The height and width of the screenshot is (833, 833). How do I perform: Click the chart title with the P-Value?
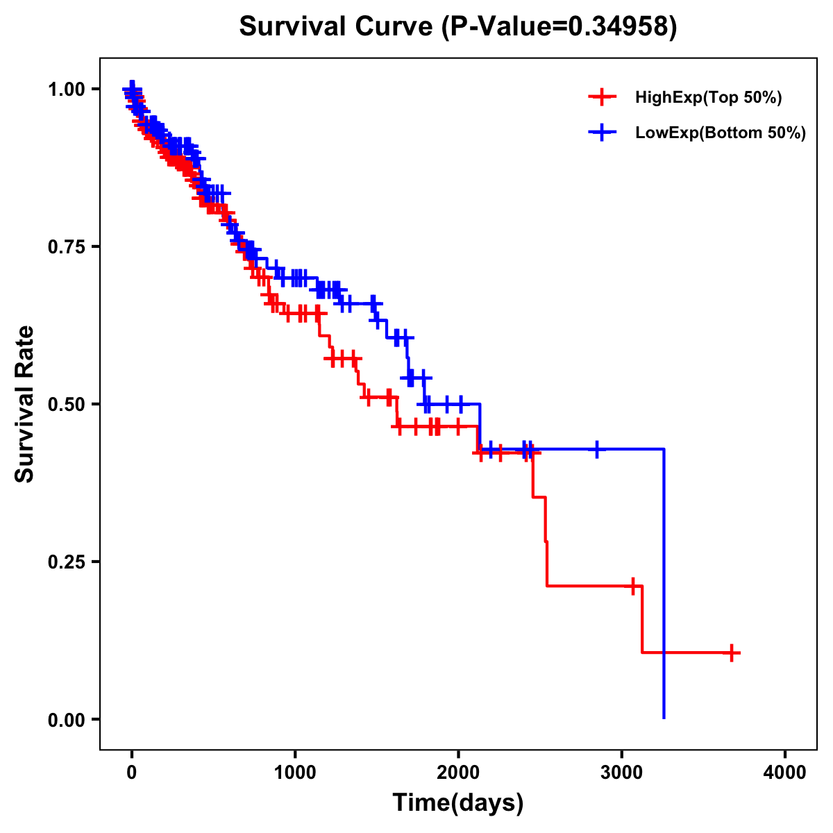(x=458, y=26)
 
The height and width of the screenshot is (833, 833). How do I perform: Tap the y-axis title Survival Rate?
(x=25, y=403)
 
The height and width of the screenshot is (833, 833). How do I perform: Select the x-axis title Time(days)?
(x=458, y=803)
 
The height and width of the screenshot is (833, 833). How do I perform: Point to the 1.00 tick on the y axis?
(x=66, y=89)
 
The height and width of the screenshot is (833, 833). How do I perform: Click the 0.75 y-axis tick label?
(x=66, y=246)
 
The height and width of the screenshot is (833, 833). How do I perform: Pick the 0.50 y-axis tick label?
(x=66, y=404)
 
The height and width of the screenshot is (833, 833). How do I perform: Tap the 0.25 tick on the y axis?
(x=66, y=562)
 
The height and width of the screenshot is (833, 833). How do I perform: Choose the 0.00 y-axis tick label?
(x=66, y=719)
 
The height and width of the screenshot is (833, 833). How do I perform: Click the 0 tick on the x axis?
(x=131, y=773)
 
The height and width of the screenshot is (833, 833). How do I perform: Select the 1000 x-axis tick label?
(x=295, y=773)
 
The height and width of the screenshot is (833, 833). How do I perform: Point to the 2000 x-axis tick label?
(x=458, y=773)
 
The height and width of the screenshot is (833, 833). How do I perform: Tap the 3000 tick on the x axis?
(x=622, y=773)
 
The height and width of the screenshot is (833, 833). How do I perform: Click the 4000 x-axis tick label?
(x=785, y=773)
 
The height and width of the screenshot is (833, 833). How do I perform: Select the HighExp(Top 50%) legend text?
(x=709, y=98)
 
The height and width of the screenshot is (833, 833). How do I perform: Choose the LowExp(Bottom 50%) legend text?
(x=721, y=133)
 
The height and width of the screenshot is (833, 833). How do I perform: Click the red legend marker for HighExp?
(x=602, y=97)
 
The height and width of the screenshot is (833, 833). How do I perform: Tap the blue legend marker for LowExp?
(x=602, y=133)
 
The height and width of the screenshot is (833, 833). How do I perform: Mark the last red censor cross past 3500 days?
(x=732, y=653)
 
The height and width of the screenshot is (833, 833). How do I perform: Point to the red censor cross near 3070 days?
(x=632, y=586)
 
